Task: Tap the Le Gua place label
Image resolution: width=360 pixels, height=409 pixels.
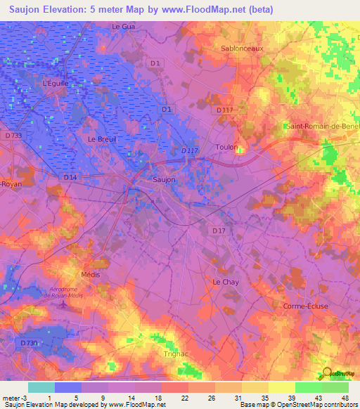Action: (x=122, y=26)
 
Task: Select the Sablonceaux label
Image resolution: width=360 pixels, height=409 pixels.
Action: (x=242, y=48)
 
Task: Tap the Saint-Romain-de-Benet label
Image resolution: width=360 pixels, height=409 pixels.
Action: (x=323, y=126)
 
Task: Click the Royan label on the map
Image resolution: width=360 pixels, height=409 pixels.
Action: (x=11, y=183)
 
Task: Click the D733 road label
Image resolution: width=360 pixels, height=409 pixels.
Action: (x=13, y=135)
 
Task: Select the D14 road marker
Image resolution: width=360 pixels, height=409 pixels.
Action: (x=70, y=177)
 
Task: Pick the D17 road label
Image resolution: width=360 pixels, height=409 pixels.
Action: (x=218, y=230)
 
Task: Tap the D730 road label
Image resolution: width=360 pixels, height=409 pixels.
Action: (x=28, y=342)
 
